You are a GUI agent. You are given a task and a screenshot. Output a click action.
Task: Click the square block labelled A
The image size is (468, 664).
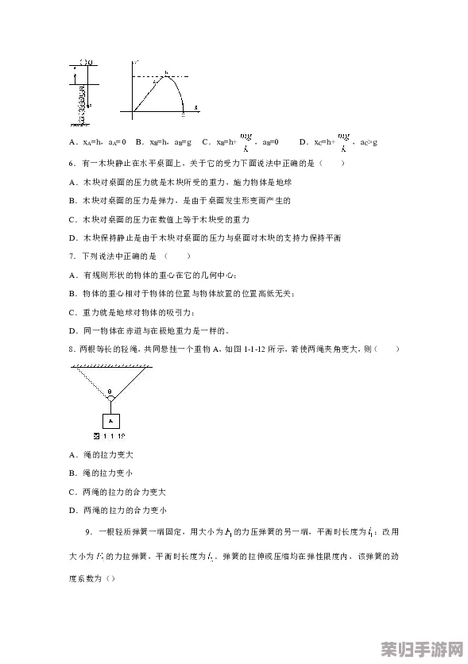pyautogui.click(x=110, y=420)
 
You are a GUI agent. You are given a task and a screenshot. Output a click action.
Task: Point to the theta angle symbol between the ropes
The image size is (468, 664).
pyautogui.click(x=110, y=392)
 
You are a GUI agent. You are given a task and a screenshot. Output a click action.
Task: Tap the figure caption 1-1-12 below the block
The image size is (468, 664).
pyautogui.click(x=110, y=437)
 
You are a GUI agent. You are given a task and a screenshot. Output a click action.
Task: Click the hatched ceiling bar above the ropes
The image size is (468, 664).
pyautogui.click(x=110, y=365)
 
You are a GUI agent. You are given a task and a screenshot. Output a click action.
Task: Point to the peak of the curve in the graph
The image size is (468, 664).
pyautogui.click(x=166, y=76)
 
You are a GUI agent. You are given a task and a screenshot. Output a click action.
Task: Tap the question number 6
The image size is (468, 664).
pyautogui.click(x=72, y=164)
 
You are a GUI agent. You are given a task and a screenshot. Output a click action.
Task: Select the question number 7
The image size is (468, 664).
pyautogui.click(x=72, y=256)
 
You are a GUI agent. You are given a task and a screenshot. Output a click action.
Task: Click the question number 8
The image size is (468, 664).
pyautogui.click(x=72, y=349)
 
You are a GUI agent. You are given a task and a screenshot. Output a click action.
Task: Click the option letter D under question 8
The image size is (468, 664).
pyautogui.click(x=72, y=511)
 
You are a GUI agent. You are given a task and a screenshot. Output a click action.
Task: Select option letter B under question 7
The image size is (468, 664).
pyautogui.click(x=72, y=294)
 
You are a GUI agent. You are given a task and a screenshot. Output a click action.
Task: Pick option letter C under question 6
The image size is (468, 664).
pyautogui.click(x=72, y=219)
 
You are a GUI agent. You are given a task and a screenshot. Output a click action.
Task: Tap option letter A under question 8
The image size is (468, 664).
pyautogui.click(x=72, y=455)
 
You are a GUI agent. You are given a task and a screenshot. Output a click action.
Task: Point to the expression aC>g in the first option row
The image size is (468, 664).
pyautogui.click(x=368, y=142)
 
